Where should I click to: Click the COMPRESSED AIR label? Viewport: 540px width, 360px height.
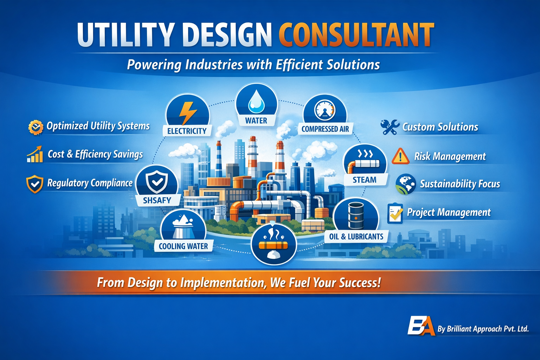coord(325,129)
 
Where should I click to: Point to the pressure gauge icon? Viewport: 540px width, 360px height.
coord(325,110)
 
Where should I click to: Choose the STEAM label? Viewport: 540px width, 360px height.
coord(364,180)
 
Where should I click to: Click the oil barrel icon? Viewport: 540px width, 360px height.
coord(356,216)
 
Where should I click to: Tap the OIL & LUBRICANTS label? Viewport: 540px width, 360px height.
coord(356,237)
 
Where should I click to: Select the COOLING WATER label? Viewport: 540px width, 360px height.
coord(183,246)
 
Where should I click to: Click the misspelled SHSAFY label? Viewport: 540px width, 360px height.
coord(157,200)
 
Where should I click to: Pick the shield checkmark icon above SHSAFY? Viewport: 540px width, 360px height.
coord(157,181)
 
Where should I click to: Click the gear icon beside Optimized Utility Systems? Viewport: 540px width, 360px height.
coord(36,127)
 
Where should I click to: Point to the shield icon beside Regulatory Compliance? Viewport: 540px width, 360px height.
coord(35,184)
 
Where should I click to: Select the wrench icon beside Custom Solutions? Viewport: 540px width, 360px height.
coord(390,127)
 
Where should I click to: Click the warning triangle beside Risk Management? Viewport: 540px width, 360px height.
coord(400,156)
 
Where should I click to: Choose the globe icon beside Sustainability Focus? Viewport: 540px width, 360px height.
coord(406,184)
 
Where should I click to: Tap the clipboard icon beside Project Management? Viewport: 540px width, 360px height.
coord(395,213)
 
